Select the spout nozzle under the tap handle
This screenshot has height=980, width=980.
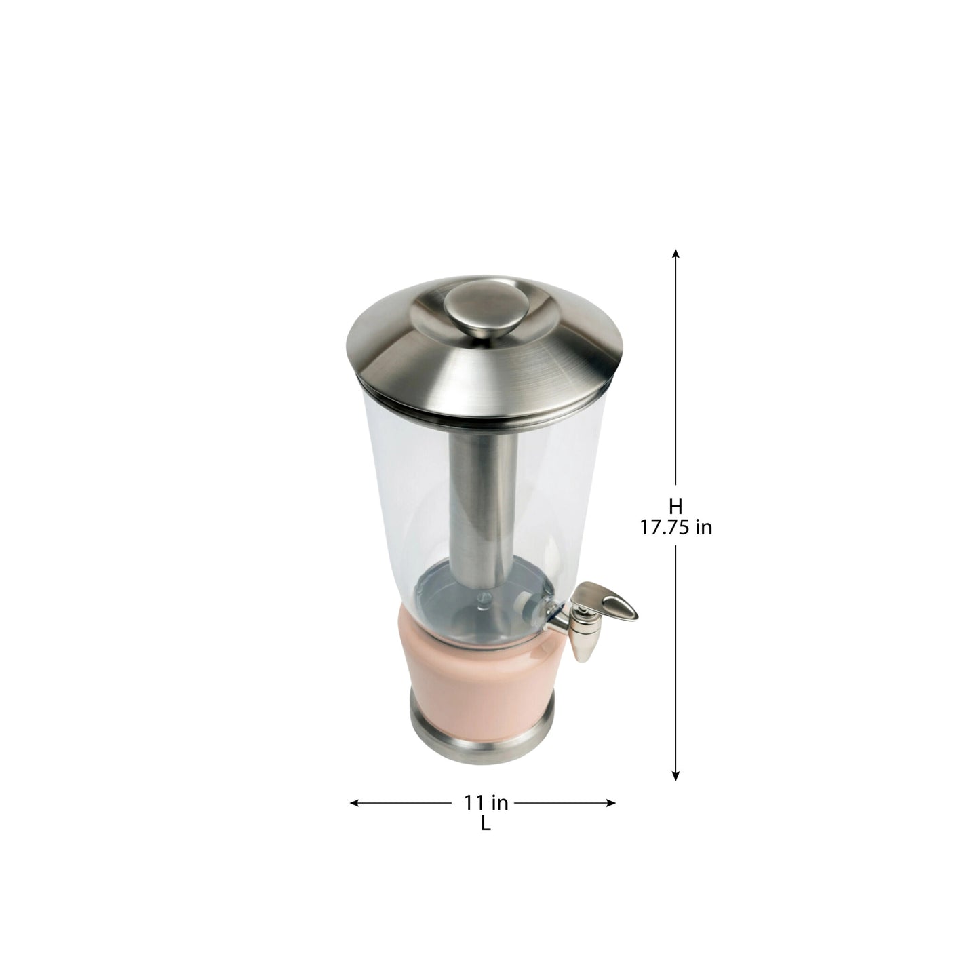(x=583, y=640)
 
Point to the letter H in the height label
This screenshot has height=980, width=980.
(x=675, y=506)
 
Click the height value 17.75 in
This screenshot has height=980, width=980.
(x=676, y=527)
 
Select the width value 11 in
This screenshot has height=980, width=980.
(x=486, y=803)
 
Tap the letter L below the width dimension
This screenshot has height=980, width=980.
(x=486, y=825)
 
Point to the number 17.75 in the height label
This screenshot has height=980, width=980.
(x=665, y=527)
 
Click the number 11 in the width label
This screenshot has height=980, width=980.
(x=473, y=803)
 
